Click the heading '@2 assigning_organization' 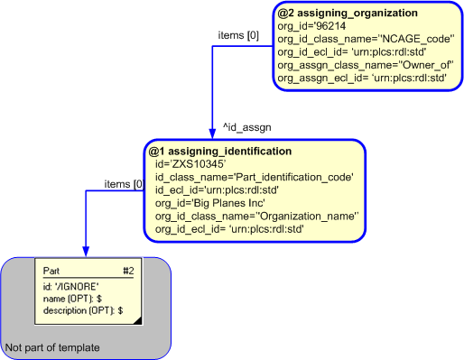pos(347,14)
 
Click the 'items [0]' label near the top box pos(238,35)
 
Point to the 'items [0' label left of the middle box pos(125,184)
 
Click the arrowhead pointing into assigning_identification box pos(212,134)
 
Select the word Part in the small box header pos(52,270)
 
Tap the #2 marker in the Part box pos(127,270)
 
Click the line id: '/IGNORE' pos(70,286)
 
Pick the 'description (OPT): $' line pos(82,309)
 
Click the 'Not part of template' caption pos(52,347)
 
